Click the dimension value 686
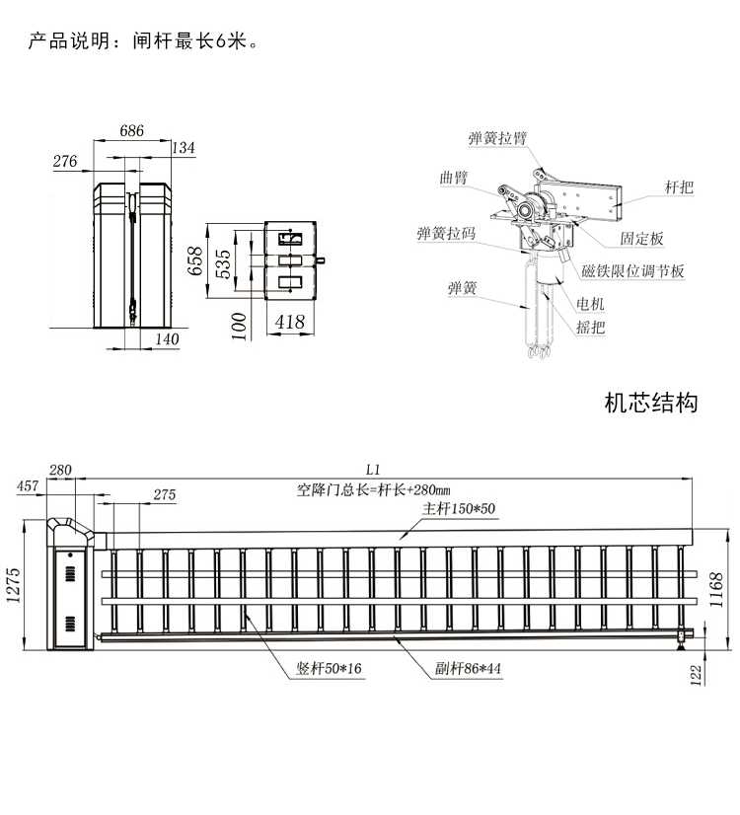[x=132, y=130]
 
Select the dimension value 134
[x=184, y=148]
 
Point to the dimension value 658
[x=195, y=260]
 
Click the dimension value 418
[x=289, y=321]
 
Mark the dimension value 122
[x=697, y=676]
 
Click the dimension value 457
[x=29, y=485]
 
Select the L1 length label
[x=373, y=470]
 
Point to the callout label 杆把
[x=680, y=187]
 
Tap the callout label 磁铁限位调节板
[x=632, y=271]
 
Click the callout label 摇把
[x=590, y=328]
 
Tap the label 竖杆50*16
[x=329, y=668]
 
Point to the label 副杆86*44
[x=469, y=668]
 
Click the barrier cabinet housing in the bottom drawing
[x=71, y=592]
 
